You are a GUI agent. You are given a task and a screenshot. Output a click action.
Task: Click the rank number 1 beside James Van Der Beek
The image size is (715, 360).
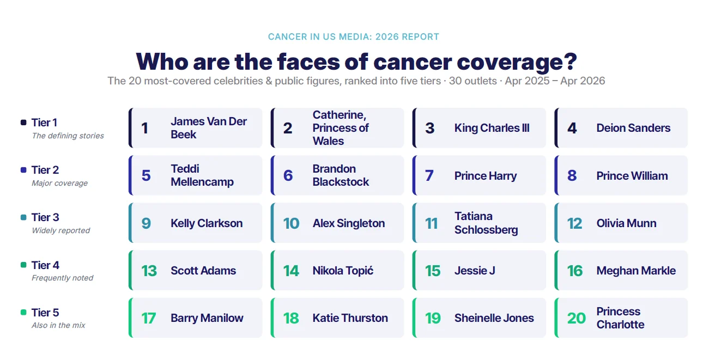click(144, 128)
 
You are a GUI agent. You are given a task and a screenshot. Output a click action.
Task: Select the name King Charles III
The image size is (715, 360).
click(492, 128)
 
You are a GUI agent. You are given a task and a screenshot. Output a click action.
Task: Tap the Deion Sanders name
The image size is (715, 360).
click(633, 128)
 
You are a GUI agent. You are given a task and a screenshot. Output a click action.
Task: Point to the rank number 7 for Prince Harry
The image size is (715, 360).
click(429, 175)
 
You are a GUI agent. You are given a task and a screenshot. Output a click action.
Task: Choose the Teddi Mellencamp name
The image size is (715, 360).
click(202, 175)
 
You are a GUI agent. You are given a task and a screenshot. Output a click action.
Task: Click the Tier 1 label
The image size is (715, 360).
click(44, 123)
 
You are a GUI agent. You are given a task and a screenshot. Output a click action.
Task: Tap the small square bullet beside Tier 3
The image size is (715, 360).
click(23, 217)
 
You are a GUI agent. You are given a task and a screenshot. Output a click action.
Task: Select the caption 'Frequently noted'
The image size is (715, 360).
click(62, 278)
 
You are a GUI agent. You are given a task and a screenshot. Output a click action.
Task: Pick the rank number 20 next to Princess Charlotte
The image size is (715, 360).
click(576, 318)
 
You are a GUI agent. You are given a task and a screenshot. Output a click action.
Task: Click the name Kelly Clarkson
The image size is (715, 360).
click(207, 223)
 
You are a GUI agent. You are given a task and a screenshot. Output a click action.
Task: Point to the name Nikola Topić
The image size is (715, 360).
click(343, 271)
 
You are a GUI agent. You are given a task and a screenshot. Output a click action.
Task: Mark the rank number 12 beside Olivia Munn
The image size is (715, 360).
click(574, 223)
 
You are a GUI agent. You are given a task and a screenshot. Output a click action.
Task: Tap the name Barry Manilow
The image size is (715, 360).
click(207, 318)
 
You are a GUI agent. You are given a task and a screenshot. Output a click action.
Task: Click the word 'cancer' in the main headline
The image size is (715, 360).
click(412, 62)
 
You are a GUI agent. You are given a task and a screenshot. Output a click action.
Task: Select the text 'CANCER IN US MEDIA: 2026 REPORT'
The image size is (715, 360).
click(353, 36)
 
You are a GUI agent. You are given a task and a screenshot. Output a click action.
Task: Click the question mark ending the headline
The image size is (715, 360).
click(571, 61)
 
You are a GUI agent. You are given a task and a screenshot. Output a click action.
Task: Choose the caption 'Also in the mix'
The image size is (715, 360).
click(58, 325)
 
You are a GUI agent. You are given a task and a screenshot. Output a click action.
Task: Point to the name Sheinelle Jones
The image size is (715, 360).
click(494, 318)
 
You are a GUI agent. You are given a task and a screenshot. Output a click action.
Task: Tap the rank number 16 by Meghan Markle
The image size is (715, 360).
click(574, 271)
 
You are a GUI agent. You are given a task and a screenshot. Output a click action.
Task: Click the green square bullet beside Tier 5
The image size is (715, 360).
click(23, 312)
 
